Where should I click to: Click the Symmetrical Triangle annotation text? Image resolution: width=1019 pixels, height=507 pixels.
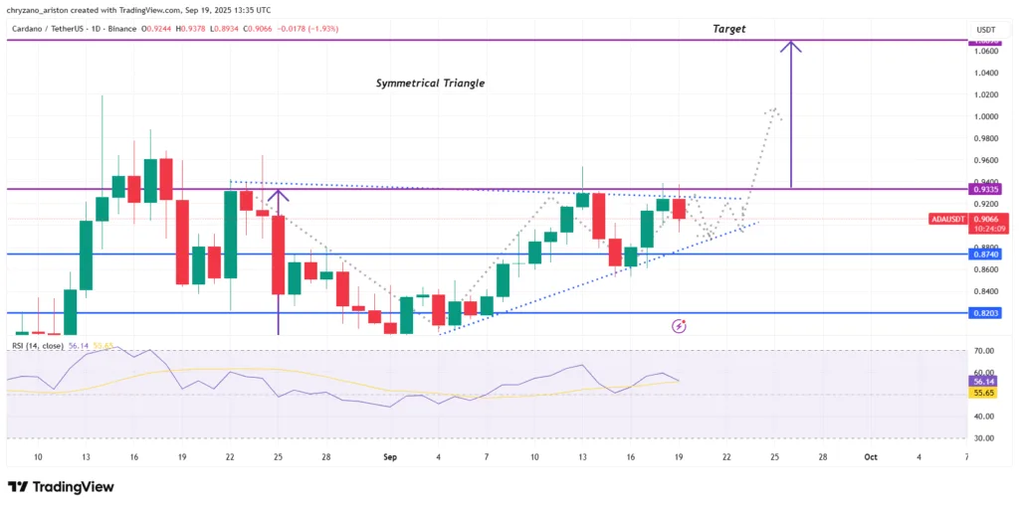pyautogui.click(x=430, y=84)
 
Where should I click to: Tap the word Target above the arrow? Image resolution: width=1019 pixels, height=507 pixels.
pyautogui.click(x=728, y=30)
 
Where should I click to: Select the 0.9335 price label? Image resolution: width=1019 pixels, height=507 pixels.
pyautogui.click(x=986, y=188)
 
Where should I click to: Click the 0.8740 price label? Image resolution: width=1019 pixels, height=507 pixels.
pyautogui.click(x=986, y=254)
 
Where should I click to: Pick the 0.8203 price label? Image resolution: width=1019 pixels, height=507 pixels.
pyautogui.click(x=986, y=313)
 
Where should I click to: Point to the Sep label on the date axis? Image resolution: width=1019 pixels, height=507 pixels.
pyautogui.click(x=390, y=456)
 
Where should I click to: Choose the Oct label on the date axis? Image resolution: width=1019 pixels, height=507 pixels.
pyautogui.click(x=871, y=456)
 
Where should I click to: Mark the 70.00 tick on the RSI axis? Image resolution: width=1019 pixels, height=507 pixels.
pyautogui.click(x=984, y=351)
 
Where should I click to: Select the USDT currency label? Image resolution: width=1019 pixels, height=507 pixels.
pyautogui.click(x=986, y=30)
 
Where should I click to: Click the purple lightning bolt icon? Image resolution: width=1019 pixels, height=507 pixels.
pyautogui.click(x=680, y=325)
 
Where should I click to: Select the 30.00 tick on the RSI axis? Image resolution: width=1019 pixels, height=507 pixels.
pyautogui.click(x=984, y=437)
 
